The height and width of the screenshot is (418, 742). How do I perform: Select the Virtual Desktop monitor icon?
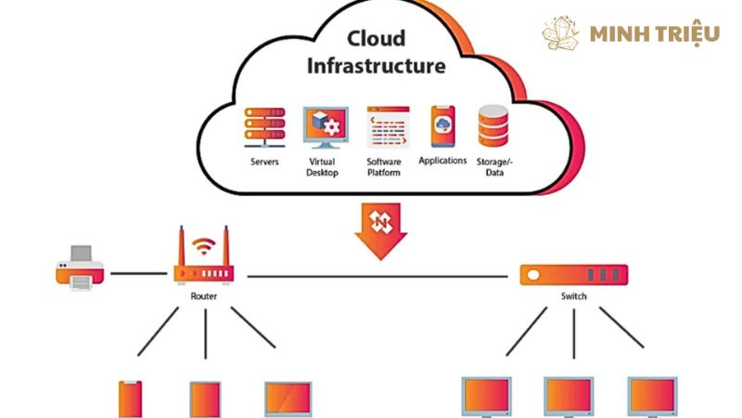(x=325, y=128)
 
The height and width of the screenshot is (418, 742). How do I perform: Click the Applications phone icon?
(x=442, y=126)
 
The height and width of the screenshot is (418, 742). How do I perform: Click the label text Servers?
(x=264, y=162)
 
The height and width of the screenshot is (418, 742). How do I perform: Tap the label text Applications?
(x=442, y=161)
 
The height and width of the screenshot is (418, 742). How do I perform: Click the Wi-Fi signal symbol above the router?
(x=203, y=247)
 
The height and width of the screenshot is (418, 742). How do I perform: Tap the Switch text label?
(x=573, y=296)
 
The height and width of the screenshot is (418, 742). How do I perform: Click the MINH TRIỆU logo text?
(x=654, y=34)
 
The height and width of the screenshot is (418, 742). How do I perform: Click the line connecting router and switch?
(x=380, y=275)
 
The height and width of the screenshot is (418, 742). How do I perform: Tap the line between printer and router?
(x=137, y=274)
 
